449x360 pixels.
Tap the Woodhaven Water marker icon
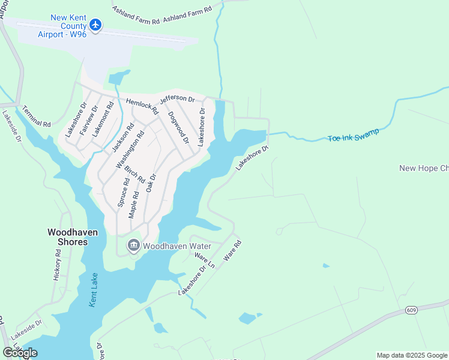pyautogui.click(x=133, y=245)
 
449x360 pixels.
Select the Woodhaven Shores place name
pyautogui.click(x=68, y=236)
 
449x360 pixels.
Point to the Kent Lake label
pyautogui.click(x=94, y=293)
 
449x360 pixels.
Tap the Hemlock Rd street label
pyautogui.click(x=141, y=106)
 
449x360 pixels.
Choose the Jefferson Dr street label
pyautogui.click(x=177, y=99)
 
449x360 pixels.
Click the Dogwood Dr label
pyautogui.click(x=178, y=127)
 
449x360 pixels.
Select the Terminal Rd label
pyautogui.click(x=37, y=116)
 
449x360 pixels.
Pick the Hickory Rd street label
pyautogui.click(x=58, y=265)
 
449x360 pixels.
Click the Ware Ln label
pyautogui.click(x=204, y=259)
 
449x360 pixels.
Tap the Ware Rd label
pyautogui.click(x=232, y=250)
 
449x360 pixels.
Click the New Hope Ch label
pyautogui.click(x=424, y=168)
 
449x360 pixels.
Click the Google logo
pyautogui.click(x=20, y=353)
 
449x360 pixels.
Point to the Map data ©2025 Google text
pyautogui.click(x=412, y=355)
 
